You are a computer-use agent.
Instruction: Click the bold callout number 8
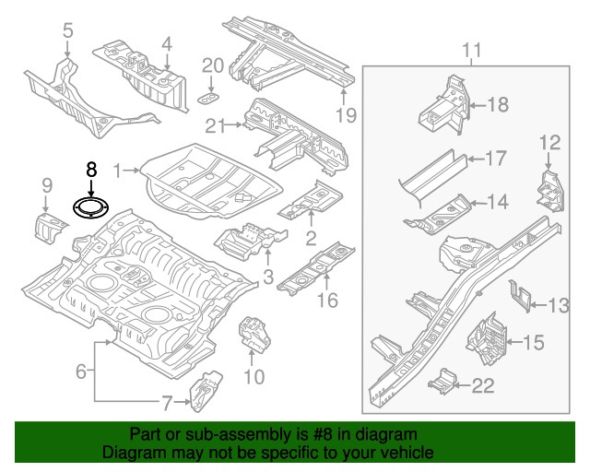click(90, 170)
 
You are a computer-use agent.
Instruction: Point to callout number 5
click(67, 32)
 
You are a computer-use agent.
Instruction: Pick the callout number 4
click(166, 42)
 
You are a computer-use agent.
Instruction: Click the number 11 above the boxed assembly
click(472, 49)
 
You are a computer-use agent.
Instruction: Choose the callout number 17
click(495, 159)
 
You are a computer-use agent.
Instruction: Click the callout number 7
click(167, 402)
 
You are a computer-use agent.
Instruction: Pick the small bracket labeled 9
click(47, 224)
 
